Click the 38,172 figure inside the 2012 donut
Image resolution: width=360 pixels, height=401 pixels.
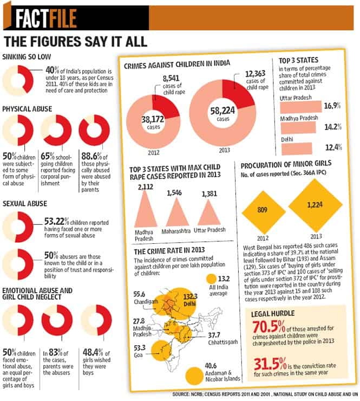pos(153,119)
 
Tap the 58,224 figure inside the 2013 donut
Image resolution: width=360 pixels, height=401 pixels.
pos(222,111)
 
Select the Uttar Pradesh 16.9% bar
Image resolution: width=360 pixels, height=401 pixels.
pos(301,107)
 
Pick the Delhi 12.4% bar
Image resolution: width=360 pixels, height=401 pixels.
pos(297,149)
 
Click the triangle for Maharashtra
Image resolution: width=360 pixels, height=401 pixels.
pos(177,212)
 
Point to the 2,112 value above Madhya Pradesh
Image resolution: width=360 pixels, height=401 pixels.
pos(146,187)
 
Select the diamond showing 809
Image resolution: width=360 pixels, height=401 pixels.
pos(263,212)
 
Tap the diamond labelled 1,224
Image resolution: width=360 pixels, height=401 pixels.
pos(315,205)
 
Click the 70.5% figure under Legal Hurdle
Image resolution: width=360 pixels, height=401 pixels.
pos(269,327)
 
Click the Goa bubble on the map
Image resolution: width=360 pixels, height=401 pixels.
pos(161,351)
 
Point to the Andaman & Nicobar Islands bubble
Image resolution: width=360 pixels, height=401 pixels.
pos(194,376)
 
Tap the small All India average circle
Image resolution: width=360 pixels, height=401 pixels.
pos(211,279)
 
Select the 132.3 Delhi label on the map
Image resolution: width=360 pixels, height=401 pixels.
pos(190,300)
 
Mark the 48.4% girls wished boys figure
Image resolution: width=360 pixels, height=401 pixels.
pos(93,352)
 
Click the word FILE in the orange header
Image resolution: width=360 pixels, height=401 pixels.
pos(63,18)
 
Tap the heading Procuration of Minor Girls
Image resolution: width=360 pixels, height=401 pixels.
pos(286,164)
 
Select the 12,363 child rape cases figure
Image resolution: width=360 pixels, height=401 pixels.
pos(255,74)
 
